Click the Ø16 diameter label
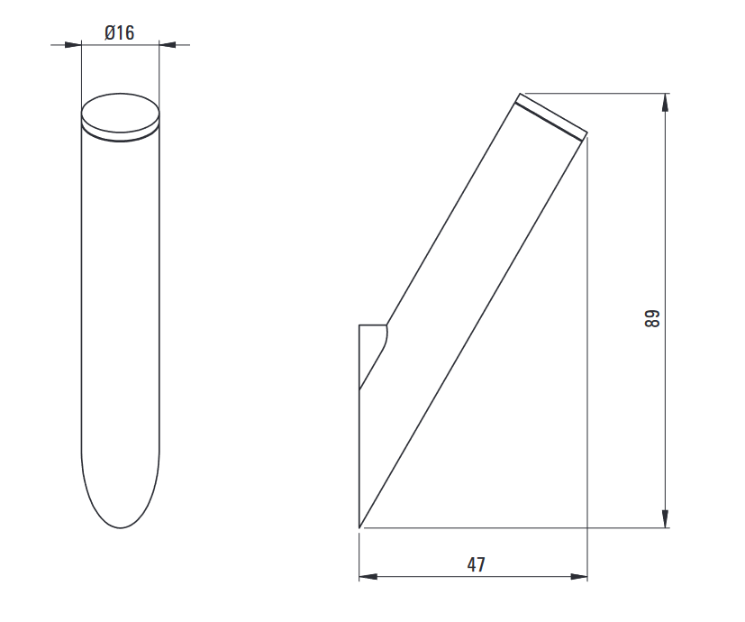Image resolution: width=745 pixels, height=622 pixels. [119, 32]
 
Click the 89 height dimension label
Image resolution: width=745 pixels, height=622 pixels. [652, 318]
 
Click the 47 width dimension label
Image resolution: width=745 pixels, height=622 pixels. [476, 564]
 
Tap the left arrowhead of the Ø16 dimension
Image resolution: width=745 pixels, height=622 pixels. [73, 45]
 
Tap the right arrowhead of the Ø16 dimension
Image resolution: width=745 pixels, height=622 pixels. [168, 45]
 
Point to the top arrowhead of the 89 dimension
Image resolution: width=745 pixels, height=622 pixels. [665, 102]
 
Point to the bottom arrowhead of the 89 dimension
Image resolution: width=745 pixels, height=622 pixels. [665, 519]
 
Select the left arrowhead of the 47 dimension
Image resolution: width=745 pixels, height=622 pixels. [368, 577]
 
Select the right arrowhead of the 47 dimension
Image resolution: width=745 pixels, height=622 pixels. [578, 577]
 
